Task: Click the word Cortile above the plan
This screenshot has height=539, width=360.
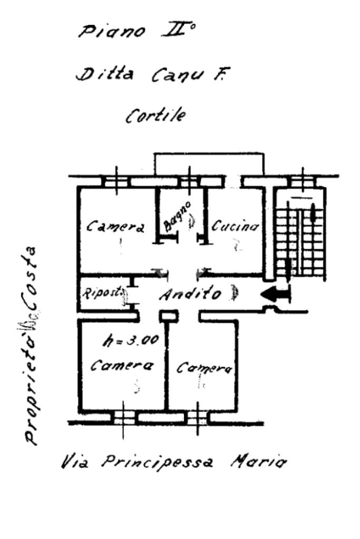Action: (155, 115)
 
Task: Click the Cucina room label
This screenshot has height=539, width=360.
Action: (235, 226)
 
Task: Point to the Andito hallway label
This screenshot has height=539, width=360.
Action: (190, 295)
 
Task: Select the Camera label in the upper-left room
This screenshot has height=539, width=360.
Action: (115, 227)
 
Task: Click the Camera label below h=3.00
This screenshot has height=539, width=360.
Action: (122, 365)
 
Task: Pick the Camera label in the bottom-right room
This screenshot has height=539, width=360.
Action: (204, 368)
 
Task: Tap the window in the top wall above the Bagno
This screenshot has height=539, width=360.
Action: (188, 181)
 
